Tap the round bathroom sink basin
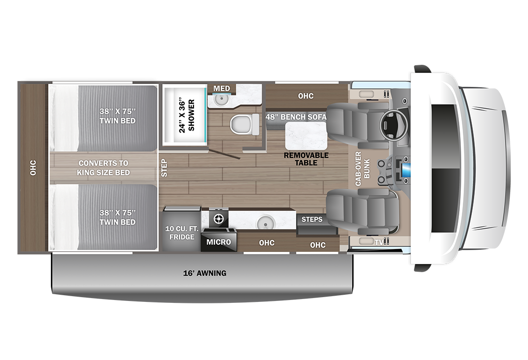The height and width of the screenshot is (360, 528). point(221,99)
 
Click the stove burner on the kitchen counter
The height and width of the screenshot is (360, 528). point(218,219)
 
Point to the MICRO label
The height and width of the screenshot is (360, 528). point(218,242)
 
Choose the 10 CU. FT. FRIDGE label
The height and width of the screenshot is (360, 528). point(181,233)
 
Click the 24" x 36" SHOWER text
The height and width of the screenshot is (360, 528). point(187,116)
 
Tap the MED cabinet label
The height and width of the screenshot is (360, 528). point(222,89)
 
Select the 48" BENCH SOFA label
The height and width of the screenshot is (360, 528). point(296,117)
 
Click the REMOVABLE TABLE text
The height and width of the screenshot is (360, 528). point(306,159)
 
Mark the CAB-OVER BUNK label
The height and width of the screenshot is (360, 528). point(362,168)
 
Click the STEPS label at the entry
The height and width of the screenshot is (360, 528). point(312,219)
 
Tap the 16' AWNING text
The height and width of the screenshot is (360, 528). point(205,273)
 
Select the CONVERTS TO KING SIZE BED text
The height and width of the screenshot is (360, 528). point(103,168)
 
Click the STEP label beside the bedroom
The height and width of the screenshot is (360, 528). point(164,168)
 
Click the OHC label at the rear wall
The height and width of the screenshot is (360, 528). point(33,168)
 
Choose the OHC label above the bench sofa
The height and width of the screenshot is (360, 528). point(306,96)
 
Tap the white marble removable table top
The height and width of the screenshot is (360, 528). point(306,136)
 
